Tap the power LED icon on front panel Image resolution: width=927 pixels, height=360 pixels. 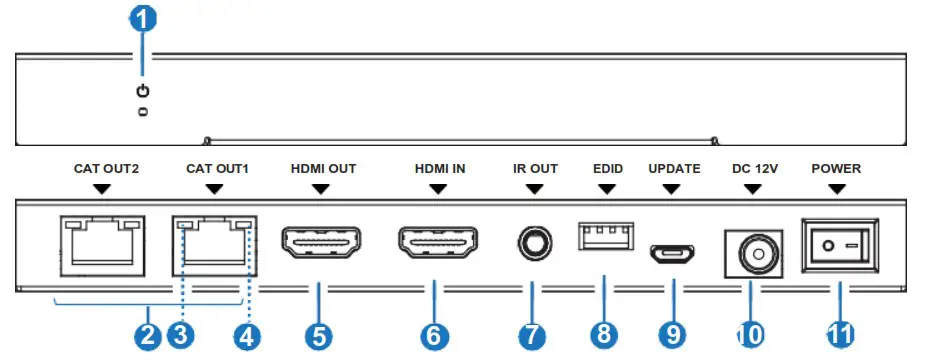143,92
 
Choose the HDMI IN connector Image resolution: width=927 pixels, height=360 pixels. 437,243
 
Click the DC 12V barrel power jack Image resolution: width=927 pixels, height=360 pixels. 749,253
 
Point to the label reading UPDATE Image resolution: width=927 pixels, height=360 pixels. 675,169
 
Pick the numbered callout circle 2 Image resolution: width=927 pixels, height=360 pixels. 148,335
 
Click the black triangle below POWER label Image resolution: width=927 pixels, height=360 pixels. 836,188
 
